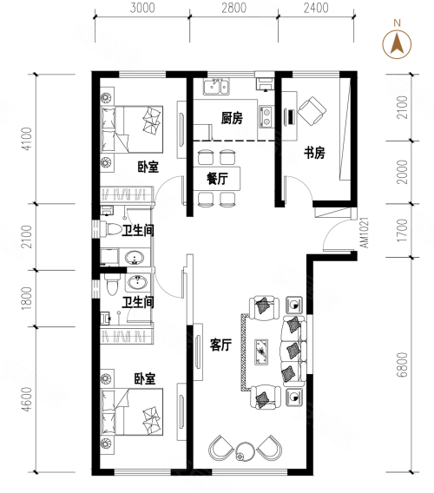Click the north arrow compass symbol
coord(397,43)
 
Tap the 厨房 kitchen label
coord(232,118)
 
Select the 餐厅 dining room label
coord(217,179)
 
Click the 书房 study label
coord(314,153)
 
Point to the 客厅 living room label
coord(220,345)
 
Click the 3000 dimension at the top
coord(142,8)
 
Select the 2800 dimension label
coord(234,8)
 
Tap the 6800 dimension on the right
coord(402,365)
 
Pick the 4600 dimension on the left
coord(28,399)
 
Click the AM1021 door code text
coord(365,233)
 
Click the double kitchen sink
coord(217,87)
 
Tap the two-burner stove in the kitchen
coord(266,116)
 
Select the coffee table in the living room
coord(261,352)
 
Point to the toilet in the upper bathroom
coord(110,228)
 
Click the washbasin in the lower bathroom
coord(136,282)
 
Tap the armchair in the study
coord(312,111)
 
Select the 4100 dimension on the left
coord(28,139)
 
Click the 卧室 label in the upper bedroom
coord(148,167)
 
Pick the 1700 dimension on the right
coord(402,231)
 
